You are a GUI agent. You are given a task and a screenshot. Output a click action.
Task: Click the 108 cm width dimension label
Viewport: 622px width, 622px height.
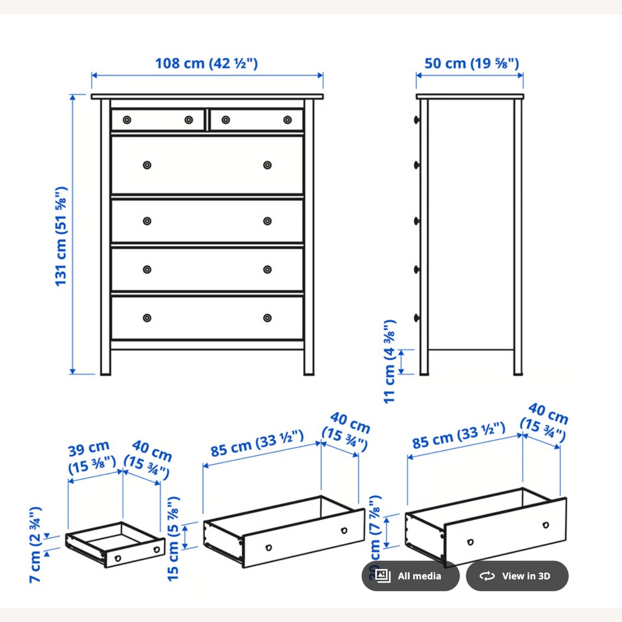[206, 63]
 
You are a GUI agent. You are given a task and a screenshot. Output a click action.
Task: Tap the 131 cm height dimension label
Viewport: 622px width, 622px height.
[61, 236]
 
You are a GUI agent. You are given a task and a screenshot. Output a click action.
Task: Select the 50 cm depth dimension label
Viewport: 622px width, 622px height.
[471, 63]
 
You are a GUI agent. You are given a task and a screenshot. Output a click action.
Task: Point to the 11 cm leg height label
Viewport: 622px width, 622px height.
[390, 362]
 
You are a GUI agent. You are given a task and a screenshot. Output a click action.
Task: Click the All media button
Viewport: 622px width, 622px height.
[411, 576]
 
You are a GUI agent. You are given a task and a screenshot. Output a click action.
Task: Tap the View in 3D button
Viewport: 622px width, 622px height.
[517, 576]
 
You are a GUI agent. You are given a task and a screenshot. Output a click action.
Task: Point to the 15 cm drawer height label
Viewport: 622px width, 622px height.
[173, 539]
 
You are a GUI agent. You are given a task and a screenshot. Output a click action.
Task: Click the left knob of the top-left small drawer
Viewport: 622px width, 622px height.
[127, 120]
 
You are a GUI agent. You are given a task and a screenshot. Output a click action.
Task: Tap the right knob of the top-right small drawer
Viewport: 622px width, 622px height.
[287, 120]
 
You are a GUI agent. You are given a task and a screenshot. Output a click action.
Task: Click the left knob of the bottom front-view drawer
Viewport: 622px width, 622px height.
[147, 318]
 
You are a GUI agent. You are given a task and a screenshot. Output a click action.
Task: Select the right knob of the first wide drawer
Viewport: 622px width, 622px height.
[267, 165]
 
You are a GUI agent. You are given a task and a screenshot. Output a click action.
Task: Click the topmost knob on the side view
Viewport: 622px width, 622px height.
[416, 120]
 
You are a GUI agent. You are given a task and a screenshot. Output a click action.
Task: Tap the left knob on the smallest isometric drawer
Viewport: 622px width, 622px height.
[118, 558]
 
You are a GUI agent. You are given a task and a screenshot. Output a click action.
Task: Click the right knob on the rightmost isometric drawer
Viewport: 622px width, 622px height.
[546, 525]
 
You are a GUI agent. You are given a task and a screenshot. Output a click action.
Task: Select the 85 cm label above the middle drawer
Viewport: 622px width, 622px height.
[257, 444]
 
